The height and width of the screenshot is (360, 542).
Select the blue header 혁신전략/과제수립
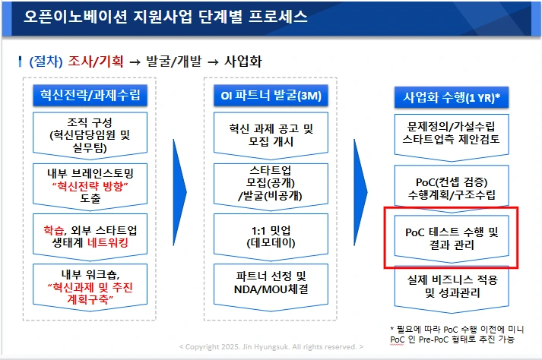(90, 96)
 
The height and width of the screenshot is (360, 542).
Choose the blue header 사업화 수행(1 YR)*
(451, 97)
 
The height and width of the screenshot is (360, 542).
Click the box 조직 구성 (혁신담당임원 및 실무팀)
(90, 134)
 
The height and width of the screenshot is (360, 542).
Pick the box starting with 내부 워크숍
(90, 286)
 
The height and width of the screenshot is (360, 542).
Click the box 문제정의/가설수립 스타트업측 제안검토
(451, 134)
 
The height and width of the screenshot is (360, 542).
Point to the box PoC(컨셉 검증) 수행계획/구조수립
(451, 185)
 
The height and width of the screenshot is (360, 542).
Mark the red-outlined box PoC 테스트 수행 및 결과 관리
(451, 238)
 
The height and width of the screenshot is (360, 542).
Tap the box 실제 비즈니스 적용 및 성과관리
(451, 286)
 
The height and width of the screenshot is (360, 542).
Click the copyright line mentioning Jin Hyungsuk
(271, 347)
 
